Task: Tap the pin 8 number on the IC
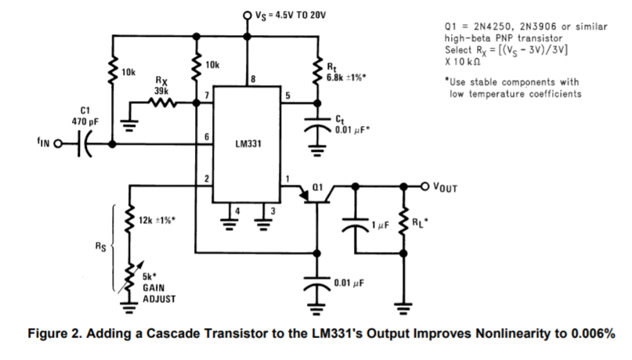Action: tap(253, 78)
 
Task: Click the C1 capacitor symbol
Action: tap(85, 145)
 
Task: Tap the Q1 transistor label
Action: tap(317, 187)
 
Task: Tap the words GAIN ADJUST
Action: tap(159, 293)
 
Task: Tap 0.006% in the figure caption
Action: tap(592, 334)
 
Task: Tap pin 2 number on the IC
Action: tap(205, 179)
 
